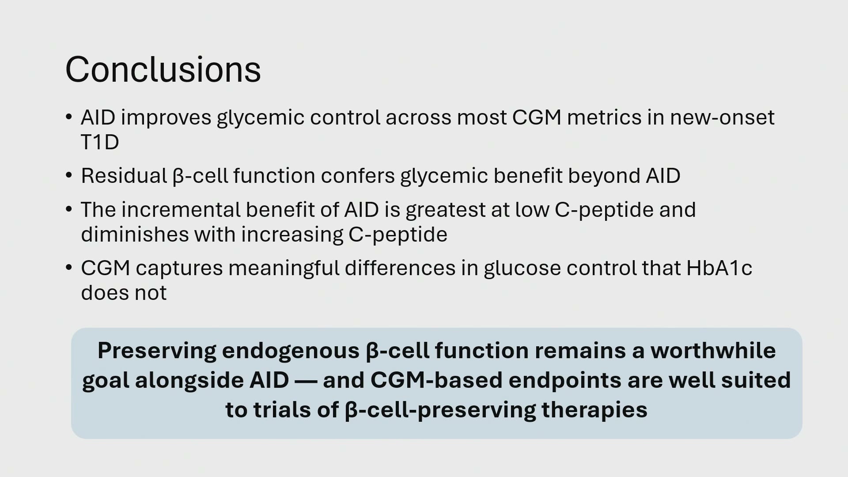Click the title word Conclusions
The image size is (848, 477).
[163, 69]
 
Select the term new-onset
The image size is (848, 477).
[722, 117]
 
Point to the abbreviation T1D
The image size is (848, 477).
[100, 142]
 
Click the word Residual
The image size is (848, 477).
[124, 176]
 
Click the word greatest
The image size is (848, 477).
[446, 210]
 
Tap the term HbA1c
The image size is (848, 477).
[719, 268]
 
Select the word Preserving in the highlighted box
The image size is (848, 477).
[157, 351]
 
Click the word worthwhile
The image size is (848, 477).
[713, 351]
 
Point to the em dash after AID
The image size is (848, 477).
[306, 381]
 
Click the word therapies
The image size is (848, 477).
[594, 410]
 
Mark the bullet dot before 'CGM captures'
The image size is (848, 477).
[68, 268]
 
